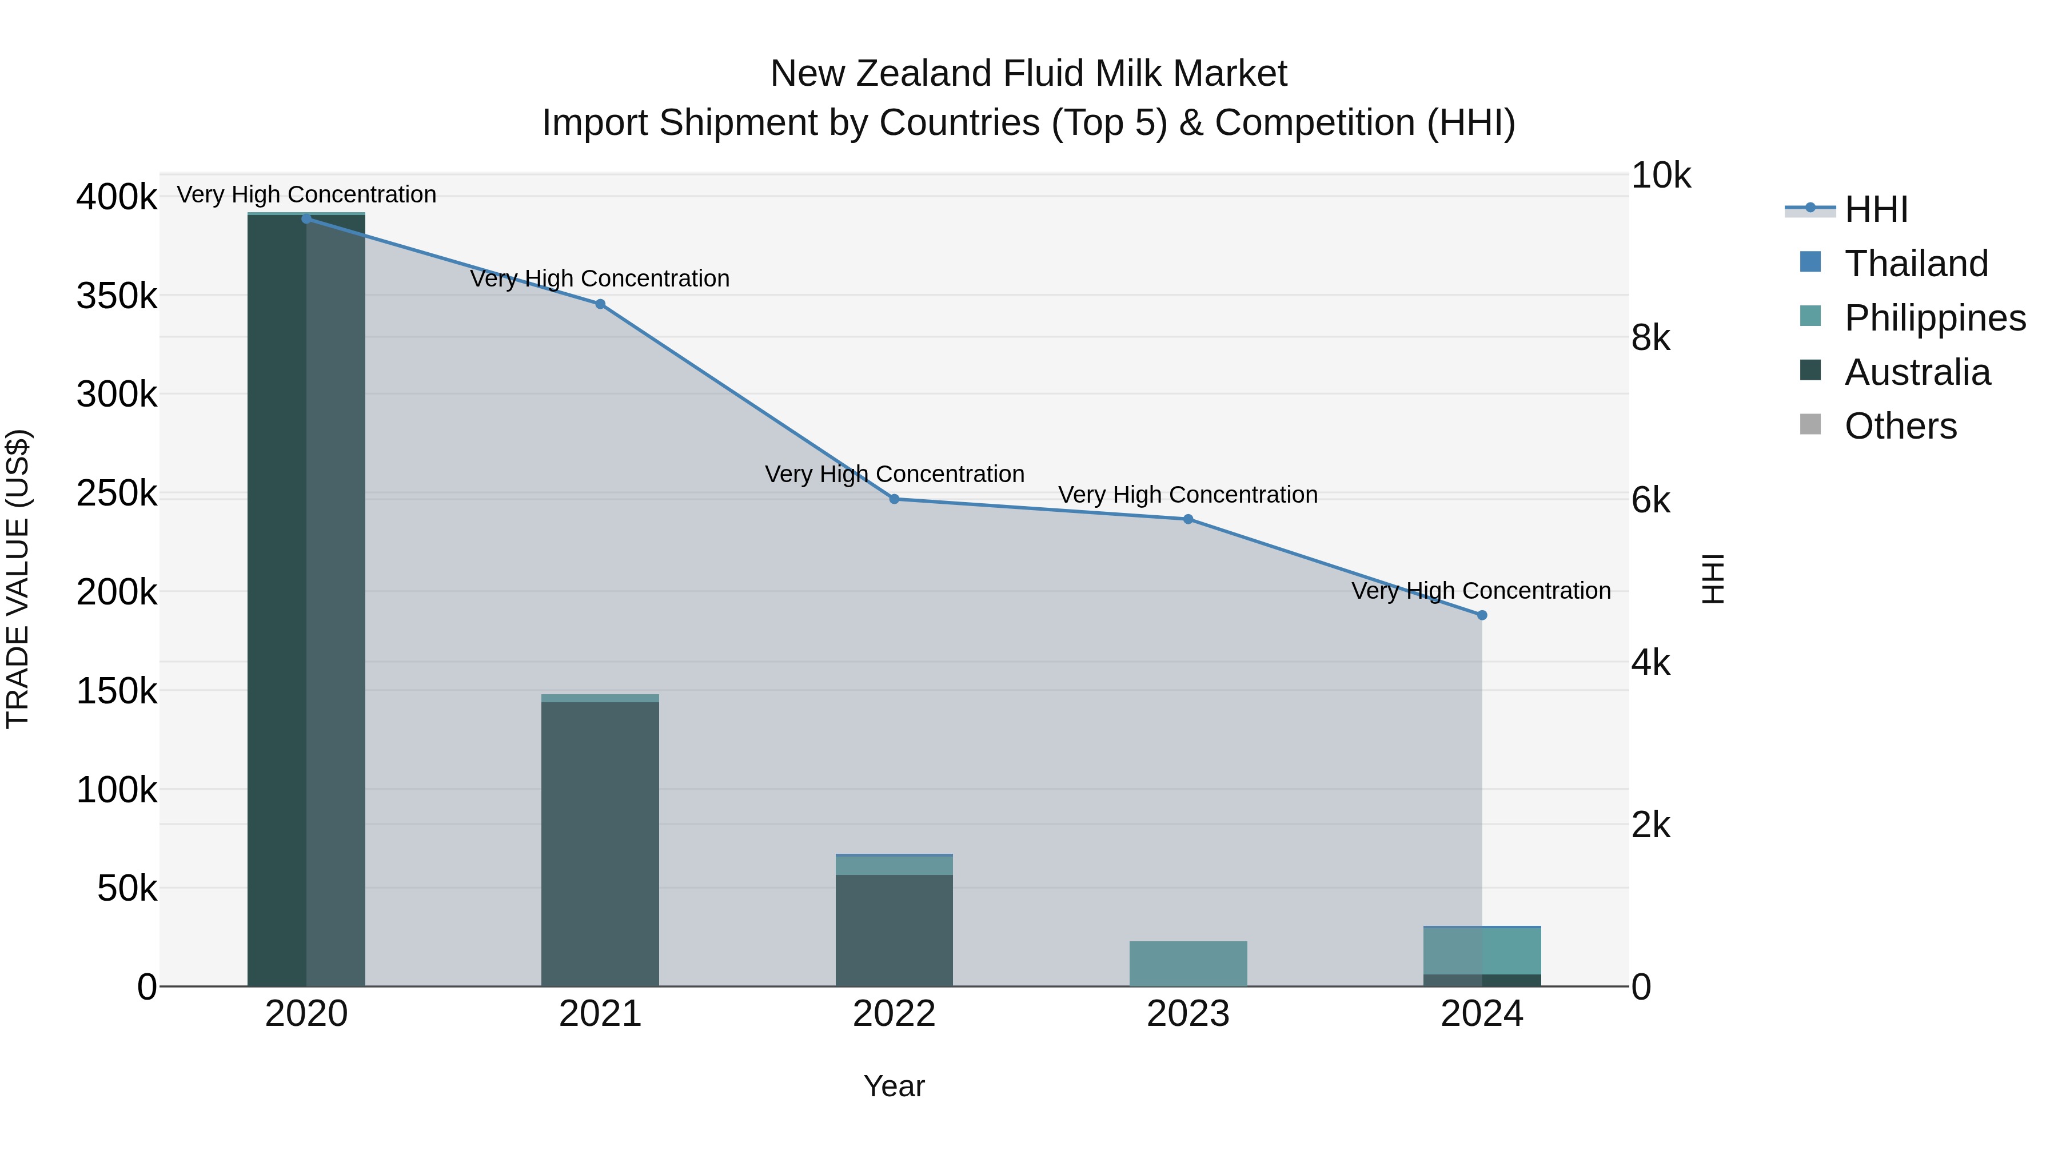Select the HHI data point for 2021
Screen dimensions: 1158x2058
pos(600,304)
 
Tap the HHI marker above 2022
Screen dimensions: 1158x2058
pos(894,499)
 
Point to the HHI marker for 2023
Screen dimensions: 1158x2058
pos(1188,519)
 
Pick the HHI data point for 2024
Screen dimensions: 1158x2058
pos(1482,615)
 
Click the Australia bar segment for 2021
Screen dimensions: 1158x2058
pos(600,843)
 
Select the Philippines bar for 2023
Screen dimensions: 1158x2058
pos(1188,964)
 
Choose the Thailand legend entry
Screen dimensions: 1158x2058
pos(1916,263)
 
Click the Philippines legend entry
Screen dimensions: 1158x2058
pos(1934,317)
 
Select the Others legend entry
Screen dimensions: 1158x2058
pos(1900,426)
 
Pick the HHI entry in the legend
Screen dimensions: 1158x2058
pos(1876,209)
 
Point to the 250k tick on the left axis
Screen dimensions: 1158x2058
pos(117,493)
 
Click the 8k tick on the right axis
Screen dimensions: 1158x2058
pos(1650,338)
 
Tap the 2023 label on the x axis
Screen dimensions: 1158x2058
pos(1188,1014)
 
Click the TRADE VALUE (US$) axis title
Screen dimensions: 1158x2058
pos(18,579)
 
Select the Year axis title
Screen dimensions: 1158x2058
pos(894,1086)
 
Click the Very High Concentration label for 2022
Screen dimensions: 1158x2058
pos(894,474)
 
